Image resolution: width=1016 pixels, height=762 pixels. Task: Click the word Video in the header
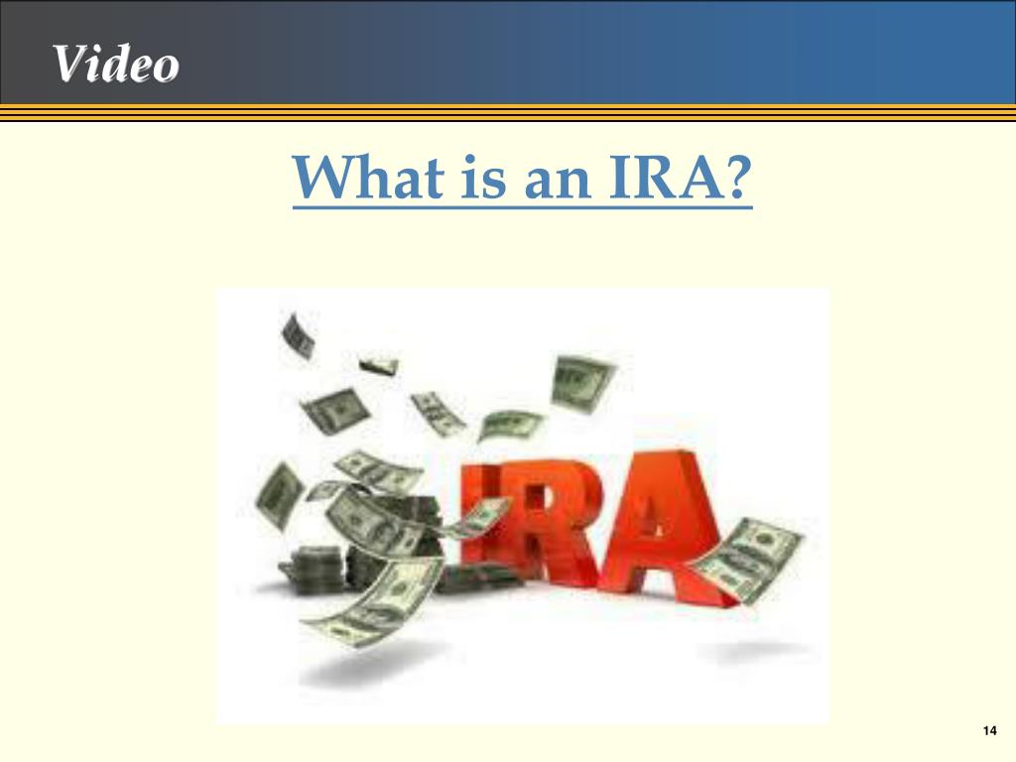click(116, 64)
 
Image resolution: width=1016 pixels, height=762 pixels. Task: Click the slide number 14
click(988, 731)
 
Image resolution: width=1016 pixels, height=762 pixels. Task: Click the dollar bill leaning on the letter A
click(746, 562)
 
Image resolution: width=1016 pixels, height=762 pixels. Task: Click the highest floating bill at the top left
click(297, 335)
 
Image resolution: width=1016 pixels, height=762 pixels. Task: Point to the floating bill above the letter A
click(583, 383)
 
